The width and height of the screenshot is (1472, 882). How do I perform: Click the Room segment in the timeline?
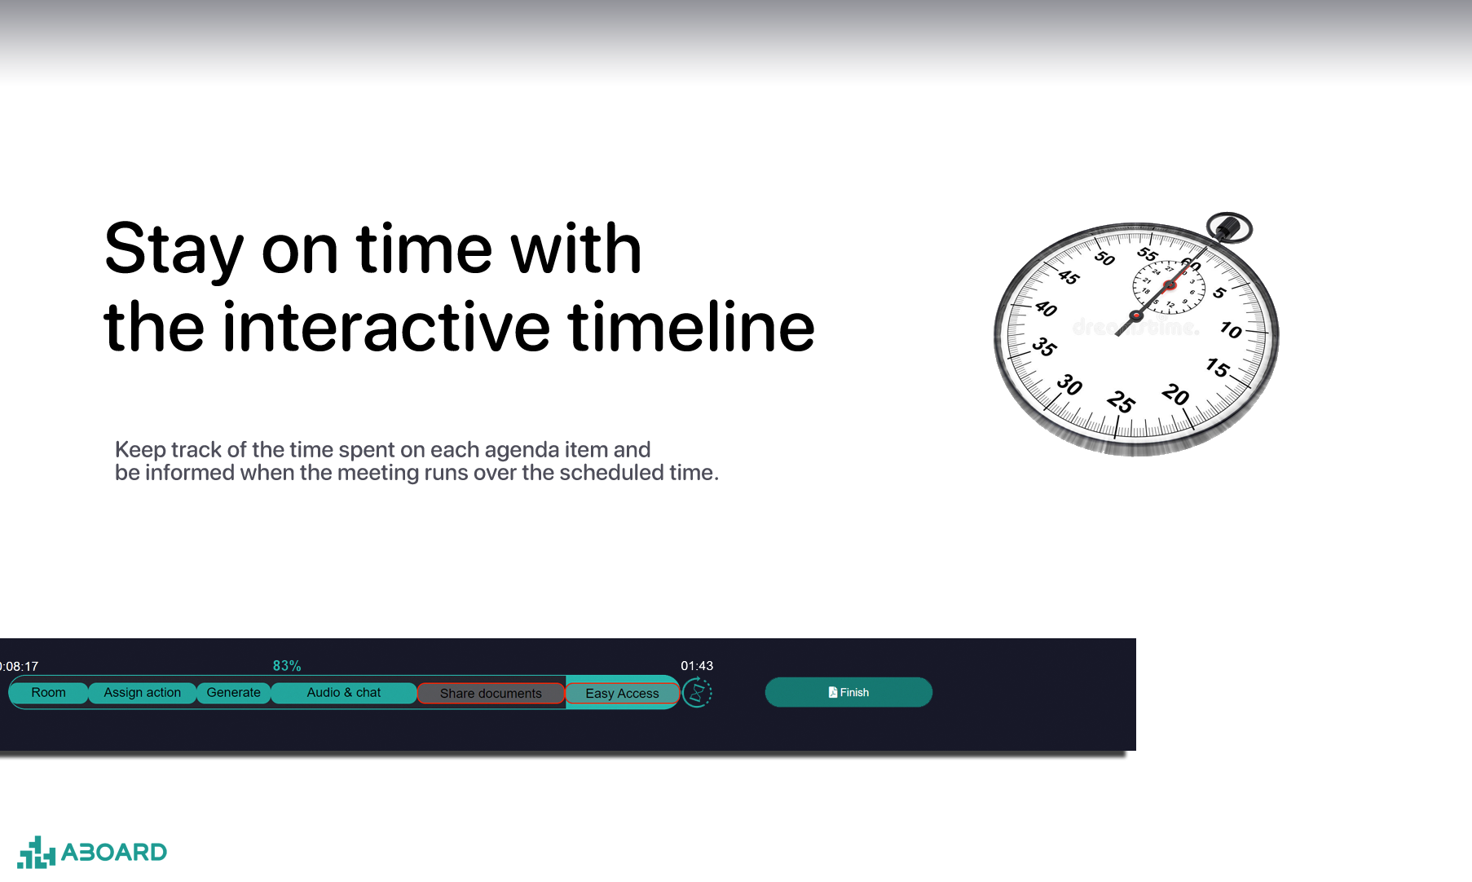[x=48, y=693]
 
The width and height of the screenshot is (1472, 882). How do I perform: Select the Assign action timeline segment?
[x=142, y=693]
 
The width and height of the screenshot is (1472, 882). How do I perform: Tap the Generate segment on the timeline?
[x=234, y=693]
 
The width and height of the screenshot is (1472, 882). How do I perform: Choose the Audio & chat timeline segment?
[x=344, y=693]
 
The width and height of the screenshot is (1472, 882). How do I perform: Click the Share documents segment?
[x=491, y=694]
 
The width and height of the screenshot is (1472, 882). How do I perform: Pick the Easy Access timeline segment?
[x=622, y=694]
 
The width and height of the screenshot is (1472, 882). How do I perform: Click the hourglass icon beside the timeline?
[x=697, y=693]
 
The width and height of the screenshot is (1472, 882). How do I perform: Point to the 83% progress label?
[x=287, y=666]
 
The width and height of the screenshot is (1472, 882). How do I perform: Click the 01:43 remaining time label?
[x=697, y=666]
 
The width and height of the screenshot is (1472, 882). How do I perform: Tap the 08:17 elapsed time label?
[x=19, y=667]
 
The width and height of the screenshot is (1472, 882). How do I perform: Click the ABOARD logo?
[x=92, y=853]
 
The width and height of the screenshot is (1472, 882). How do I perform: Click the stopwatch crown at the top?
[x=1228, y=228]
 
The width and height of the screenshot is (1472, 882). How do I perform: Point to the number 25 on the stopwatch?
[x=1121, y=402]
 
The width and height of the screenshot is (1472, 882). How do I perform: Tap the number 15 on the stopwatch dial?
[x=1218, y=368]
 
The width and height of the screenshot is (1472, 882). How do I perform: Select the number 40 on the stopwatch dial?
[x=1046, y=309]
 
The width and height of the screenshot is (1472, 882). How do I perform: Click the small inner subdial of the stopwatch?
[x=1169, y=286]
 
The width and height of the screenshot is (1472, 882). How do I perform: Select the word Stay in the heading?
[x=174, y=251]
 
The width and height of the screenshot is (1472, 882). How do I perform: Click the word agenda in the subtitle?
[x=522, y=451]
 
